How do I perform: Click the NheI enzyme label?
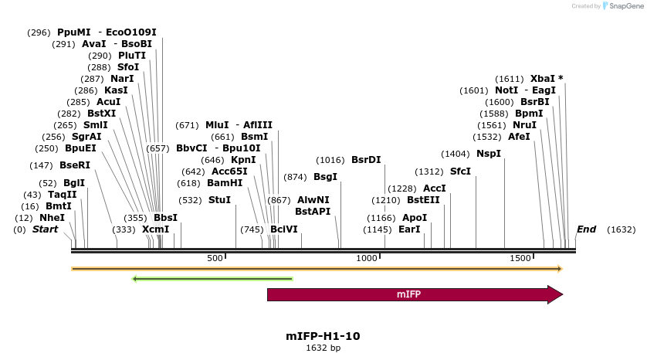52,218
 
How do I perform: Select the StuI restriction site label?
219,199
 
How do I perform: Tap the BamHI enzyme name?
225,183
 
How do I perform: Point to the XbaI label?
542,79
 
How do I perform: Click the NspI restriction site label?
489,154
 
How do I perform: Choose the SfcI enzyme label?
460,172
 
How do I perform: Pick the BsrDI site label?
366,160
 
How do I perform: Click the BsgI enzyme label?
325,177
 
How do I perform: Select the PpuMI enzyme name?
74,32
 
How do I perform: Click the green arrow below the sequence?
212,279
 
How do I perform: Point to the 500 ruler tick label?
215,258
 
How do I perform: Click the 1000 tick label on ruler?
367,258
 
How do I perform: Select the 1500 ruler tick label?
520,258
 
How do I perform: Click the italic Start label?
45,229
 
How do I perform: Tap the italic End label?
586,229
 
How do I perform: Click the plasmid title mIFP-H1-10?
323,336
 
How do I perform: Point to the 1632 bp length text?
323,348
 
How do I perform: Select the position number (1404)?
456,154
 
